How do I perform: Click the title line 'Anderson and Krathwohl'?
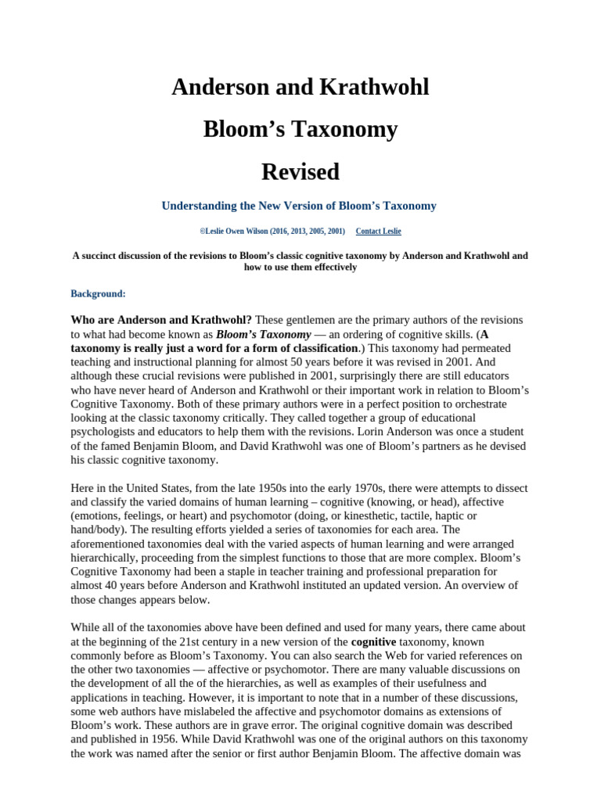[300, 87]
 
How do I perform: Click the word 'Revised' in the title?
[300, 171]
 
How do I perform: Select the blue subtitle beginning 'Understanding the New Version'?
[298, 206]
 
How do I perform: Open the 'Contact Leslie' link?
[378, 232]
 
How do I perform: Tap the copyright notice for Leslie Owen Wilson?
[272, 232]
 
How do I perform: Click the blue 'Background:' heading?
[98, 293]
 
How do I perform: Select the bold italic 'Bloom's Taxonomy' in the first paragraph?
[253, 334]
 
